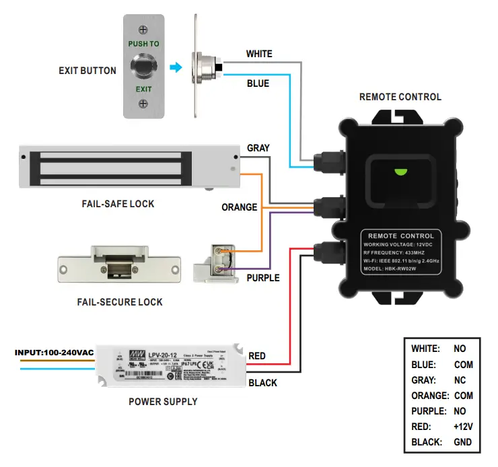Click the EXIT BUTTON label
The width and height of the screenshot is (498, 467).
point(87,71)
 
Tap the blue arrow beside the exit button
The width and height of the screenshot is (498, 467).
point(176,67)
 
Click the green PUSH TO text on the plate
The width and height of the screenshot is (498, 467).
point(143,44)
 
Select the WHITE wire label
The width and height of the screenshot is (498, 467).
point(259,54)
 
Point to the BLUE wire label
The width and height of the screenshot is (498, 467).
point(258,83)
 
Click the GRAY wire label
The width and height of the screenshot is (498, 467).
point(258,148)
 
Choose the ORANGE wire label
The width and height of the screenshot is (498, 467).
point(240,207)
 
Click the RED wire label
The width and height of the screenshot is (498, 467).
point(257,355)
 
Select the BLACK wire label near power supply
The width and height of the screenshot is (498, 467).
point(262,383)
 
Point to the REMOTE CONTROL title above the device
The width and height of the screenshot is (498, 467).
point(400,97)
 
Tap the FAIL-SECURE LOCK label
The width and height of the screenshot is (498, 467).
point(120,302)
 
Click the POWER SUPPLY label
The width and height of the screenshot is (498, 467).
point(163,402)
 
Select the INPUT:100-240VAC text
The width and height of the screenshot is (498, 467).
point(53,353)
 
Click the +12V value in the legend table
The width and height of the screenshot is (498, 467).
point(462,427)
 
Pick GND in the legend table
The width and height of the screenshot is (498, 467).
point(462,442)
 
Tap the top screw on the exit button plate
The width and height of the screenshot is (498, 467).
point(143,29)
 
